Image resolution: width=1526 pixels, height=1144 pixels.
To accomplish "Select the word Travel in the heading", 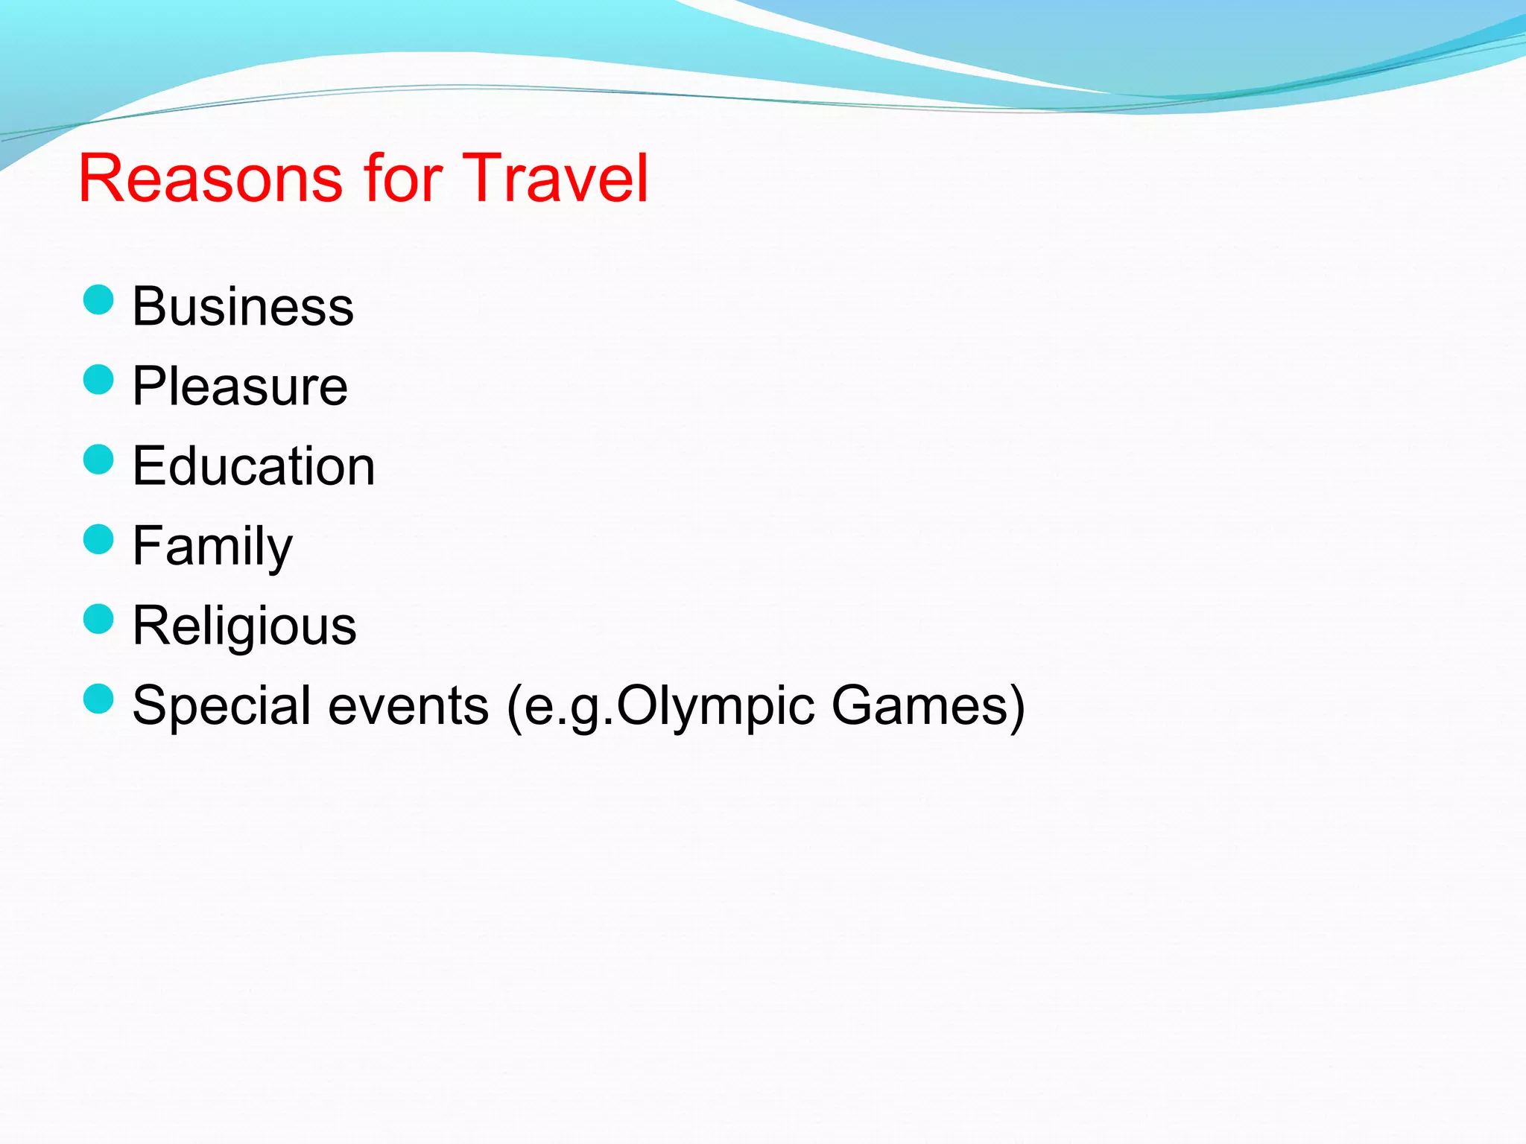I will (555, 179).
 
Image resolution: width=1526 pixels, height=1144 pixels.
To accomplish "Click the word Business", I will (243, 307).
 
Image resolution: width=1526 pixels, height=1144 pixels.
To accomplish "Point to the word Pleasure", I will (240, 387).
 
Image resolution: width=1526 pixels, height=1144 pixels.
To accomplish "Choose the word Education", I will (253, 466).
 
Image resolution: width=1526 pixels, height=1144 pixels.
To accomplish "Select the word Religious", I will (244, 626).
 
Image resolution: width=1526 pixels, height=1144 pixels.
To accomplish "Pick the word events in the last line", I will (408, 706).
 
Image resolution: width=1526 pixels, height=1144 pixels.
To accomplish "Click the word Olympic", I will (715, 706).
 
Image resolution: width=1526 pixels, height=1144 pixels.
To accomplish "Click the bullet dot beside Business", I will (98, 300).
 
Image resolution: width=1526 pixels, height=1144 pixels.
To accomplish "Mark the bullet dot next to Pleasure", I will (98, 380).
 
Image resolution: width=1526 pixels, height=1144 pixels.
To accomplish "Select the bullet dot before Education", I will (98, 460).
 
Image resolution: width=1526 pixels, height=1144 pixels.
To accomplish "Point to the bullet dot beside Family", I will (98, 539).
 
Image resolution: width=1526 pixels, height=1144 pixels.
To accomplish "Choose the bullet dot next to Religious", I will (98, 619).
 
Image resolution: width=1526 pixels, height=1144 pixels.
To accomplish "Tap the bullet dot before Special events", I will (98, 699).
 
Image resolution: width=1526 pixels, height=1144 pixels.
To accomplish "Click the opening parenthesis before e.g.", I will (513, 708).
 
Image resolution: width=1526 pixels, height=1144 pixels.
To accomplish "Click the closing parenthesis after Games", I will (1016, 708).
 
